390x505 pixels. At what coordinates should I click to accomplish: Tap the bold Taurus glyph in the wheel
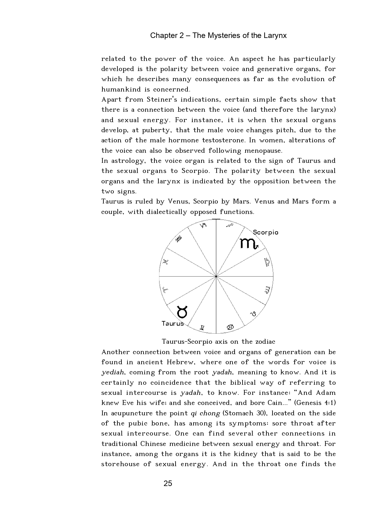[x=182, y=312]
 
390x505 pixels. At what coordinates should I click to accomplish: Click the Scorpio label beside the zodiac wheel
[x=266, y=232]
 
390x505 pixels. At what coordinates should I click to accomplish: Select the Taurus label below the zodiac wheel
[x=173, y=324]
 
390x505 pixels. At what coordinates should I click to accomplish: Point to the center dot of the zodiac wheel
[x=216, y=276]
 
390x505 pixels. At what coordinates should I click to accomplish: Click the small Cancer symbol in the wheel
[x=230, y=327]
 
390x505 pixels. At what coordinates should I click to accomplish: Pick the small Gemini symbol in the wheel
[x=202, y=328]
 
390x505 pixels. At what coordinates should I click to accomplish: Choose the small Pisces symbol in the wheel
[x=165, y=262]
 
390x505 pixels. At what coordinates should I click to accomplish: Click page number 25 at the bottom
[x=168, y=484]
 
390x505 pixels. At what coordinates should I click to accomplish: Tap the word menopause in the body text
[x=263, y=151]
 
